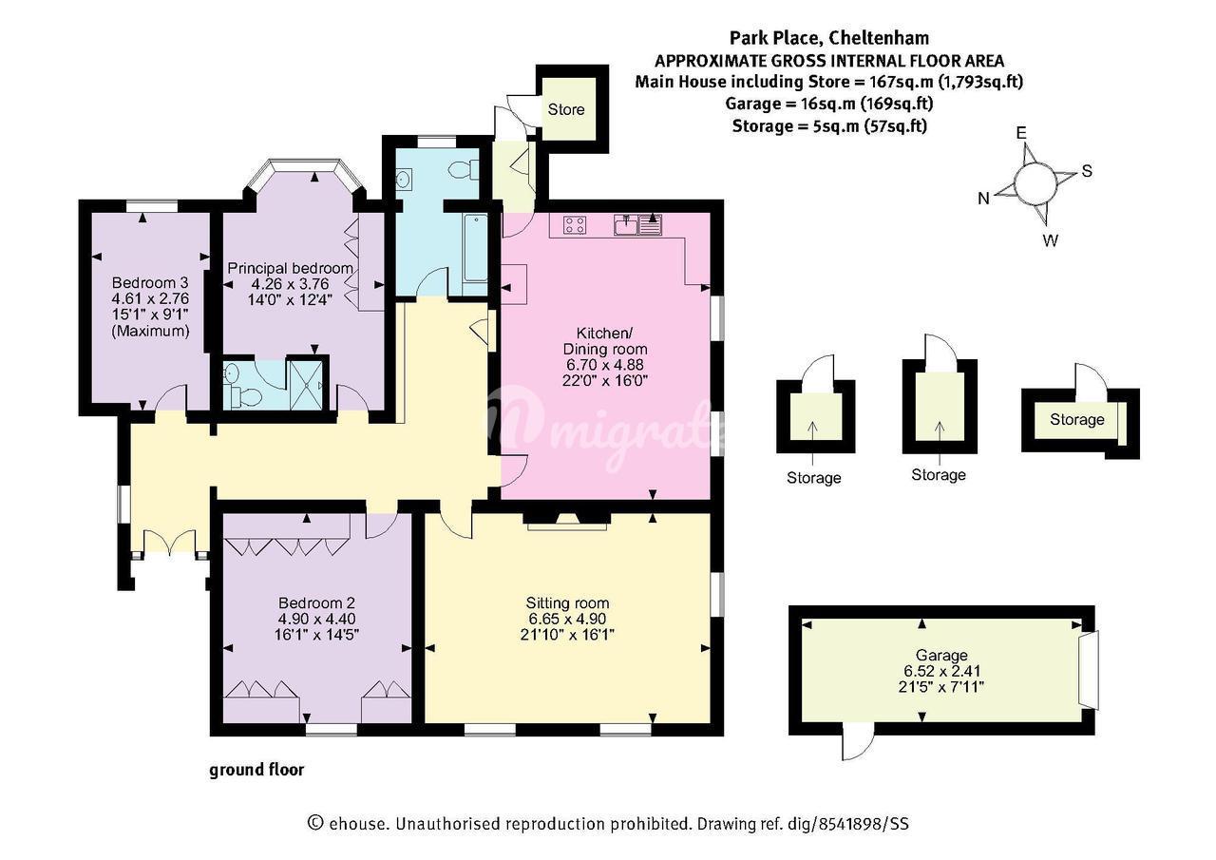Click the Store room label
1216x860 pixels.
(x=565, y=109)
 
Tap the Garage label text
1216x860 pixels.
(x=941, y=656)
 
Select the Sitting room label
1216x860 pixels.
(x=567, y=603)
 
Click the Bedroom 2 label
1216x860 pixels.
(x=316, y=603)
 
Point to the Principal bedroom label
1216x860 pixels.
(x=290, y=268)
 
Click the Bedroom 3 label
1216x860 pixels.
(x=150, y=283)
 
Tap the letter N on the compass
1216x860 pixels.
(x=983, y=199)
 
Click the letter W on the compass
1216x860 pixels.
(x=1051, y=240)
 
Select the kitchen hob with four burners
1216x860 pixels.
(x=575, y=225)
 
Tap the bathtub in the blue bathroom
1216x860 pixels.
(x=476, y=248)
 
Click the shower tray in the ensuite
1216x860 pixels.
(x=307, y=385)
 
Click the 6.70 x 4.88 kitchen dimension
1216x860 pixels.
(x=605, y=365)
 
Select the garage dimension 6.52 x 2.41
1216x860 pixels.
(x=941, y=671)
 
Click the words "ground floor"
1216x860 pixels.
(x=256, y=770)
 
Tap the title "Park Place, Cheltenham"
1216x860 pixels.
(x=829, y=38)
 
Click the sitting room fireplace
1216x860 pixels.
(x=567, y=520)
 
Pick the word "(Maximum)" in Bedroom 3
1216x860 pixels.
(x=150, y=332)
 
